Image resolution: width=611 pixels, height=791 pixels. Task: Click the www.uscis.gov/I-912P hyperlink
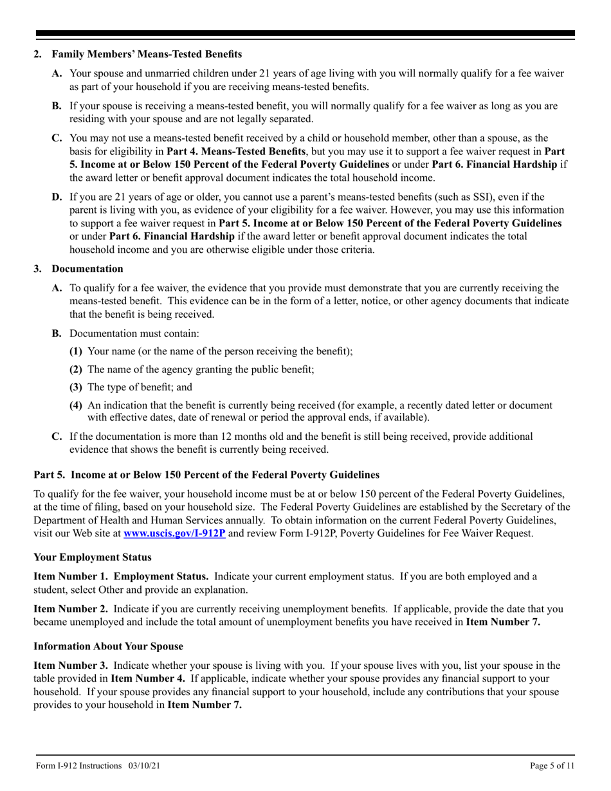pyautogui.click(x=174, y=533)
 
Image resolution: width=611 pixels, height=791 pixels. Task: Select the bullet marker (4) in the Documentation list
pyautogui.click(x=76, y=405)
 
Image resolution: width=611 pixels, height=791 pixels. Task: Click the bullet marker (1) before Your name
pyautogui.click(x=76, y=351)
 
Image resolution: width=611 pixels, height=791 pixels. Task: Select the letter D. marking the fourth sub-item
pyautogui.click(x=57, y=197)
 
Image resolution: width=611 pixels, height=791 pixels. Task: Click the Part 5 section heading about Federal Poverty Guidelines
pyautogui.click(x=206, y=475)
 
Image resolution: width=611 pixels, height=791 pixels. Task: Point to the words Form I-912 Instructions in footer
pyautogui.click(x=78, y=765)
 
